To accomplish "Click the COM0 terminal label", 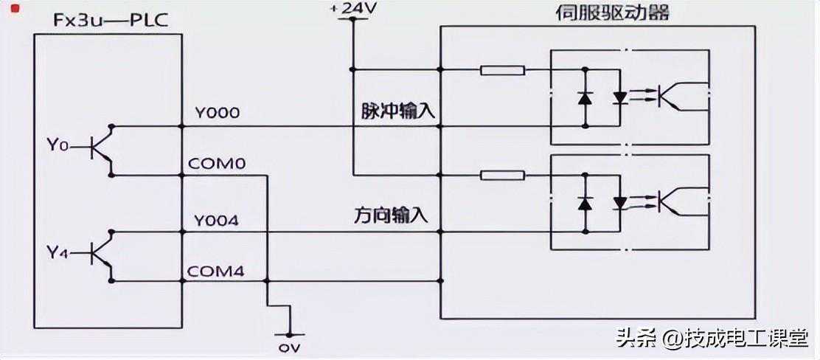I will (x=219, y=164).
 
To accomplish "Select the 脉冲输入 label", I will (x=397, y=112).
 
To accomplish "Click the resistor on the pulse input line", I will (x=502, y=71).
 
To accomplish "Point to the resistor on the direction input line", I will (x=502, y=176).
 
